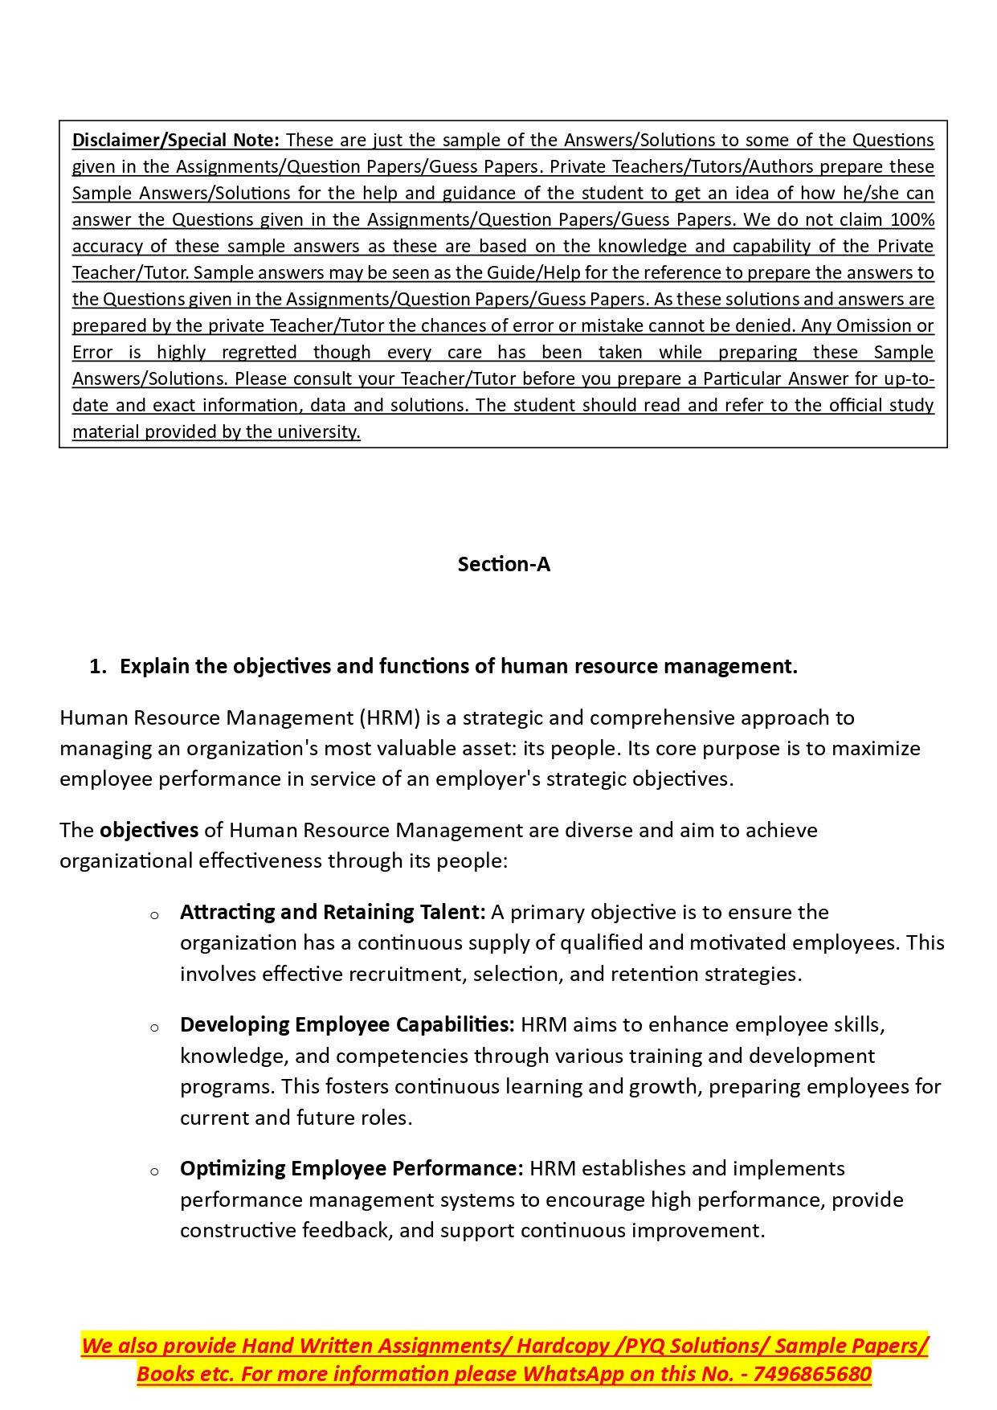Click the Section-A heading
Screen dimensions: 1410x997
504,565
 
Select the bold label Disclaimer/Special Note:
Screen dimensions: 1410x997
175,141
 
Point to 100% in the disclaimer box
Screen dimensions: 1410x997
913,220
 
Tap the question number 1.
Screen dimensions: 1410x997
97,667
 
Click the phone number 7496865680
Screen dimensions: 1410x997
812,1375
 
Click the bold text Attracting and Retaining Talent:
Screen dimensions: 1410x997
333,913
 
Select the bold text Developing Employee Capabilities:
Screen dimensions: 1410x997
347,1025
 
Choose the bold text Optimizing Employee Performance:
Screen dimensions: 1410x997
352,1169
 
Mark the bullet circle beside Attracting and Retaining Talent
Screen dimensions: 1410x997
154,915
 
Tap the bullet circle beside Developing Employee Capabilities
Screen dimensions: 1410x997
154,1028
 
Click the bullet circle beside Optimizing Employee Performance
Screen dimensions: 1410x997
154,1171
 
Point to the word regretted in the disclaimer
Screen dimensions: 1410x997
259,353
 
